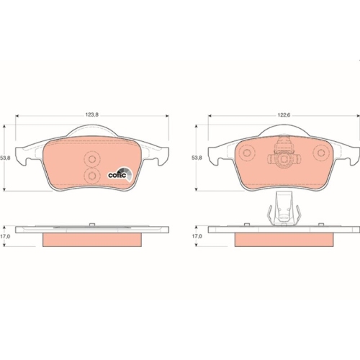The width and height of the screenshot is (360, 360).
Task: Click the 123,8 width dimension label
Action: click(92, 114)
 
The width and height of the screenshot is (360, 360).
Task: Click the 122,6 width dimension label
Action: click(284, 115)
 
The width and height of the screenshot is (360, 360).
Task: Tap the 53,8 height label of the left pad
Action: click(5, 158)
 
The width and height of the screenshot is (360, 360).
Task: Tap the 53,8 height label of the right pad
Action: click(197, 158)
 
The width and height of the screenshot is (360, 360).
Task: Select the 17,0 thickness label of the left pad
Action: click(5, 236)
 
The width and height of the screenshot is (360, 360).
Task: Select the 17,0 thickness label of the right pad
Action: click(197, 236)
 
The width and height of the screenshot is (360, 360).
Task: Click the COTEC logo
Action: click(120, 174)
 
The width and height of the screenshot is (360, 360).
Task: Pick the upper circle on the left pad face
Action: click(92, 159)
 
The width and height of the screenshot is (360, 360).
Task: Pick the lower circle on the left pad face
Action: click(92, 176)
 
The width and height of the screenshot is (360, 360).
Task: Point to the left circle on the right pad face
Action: click(246, 153)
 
